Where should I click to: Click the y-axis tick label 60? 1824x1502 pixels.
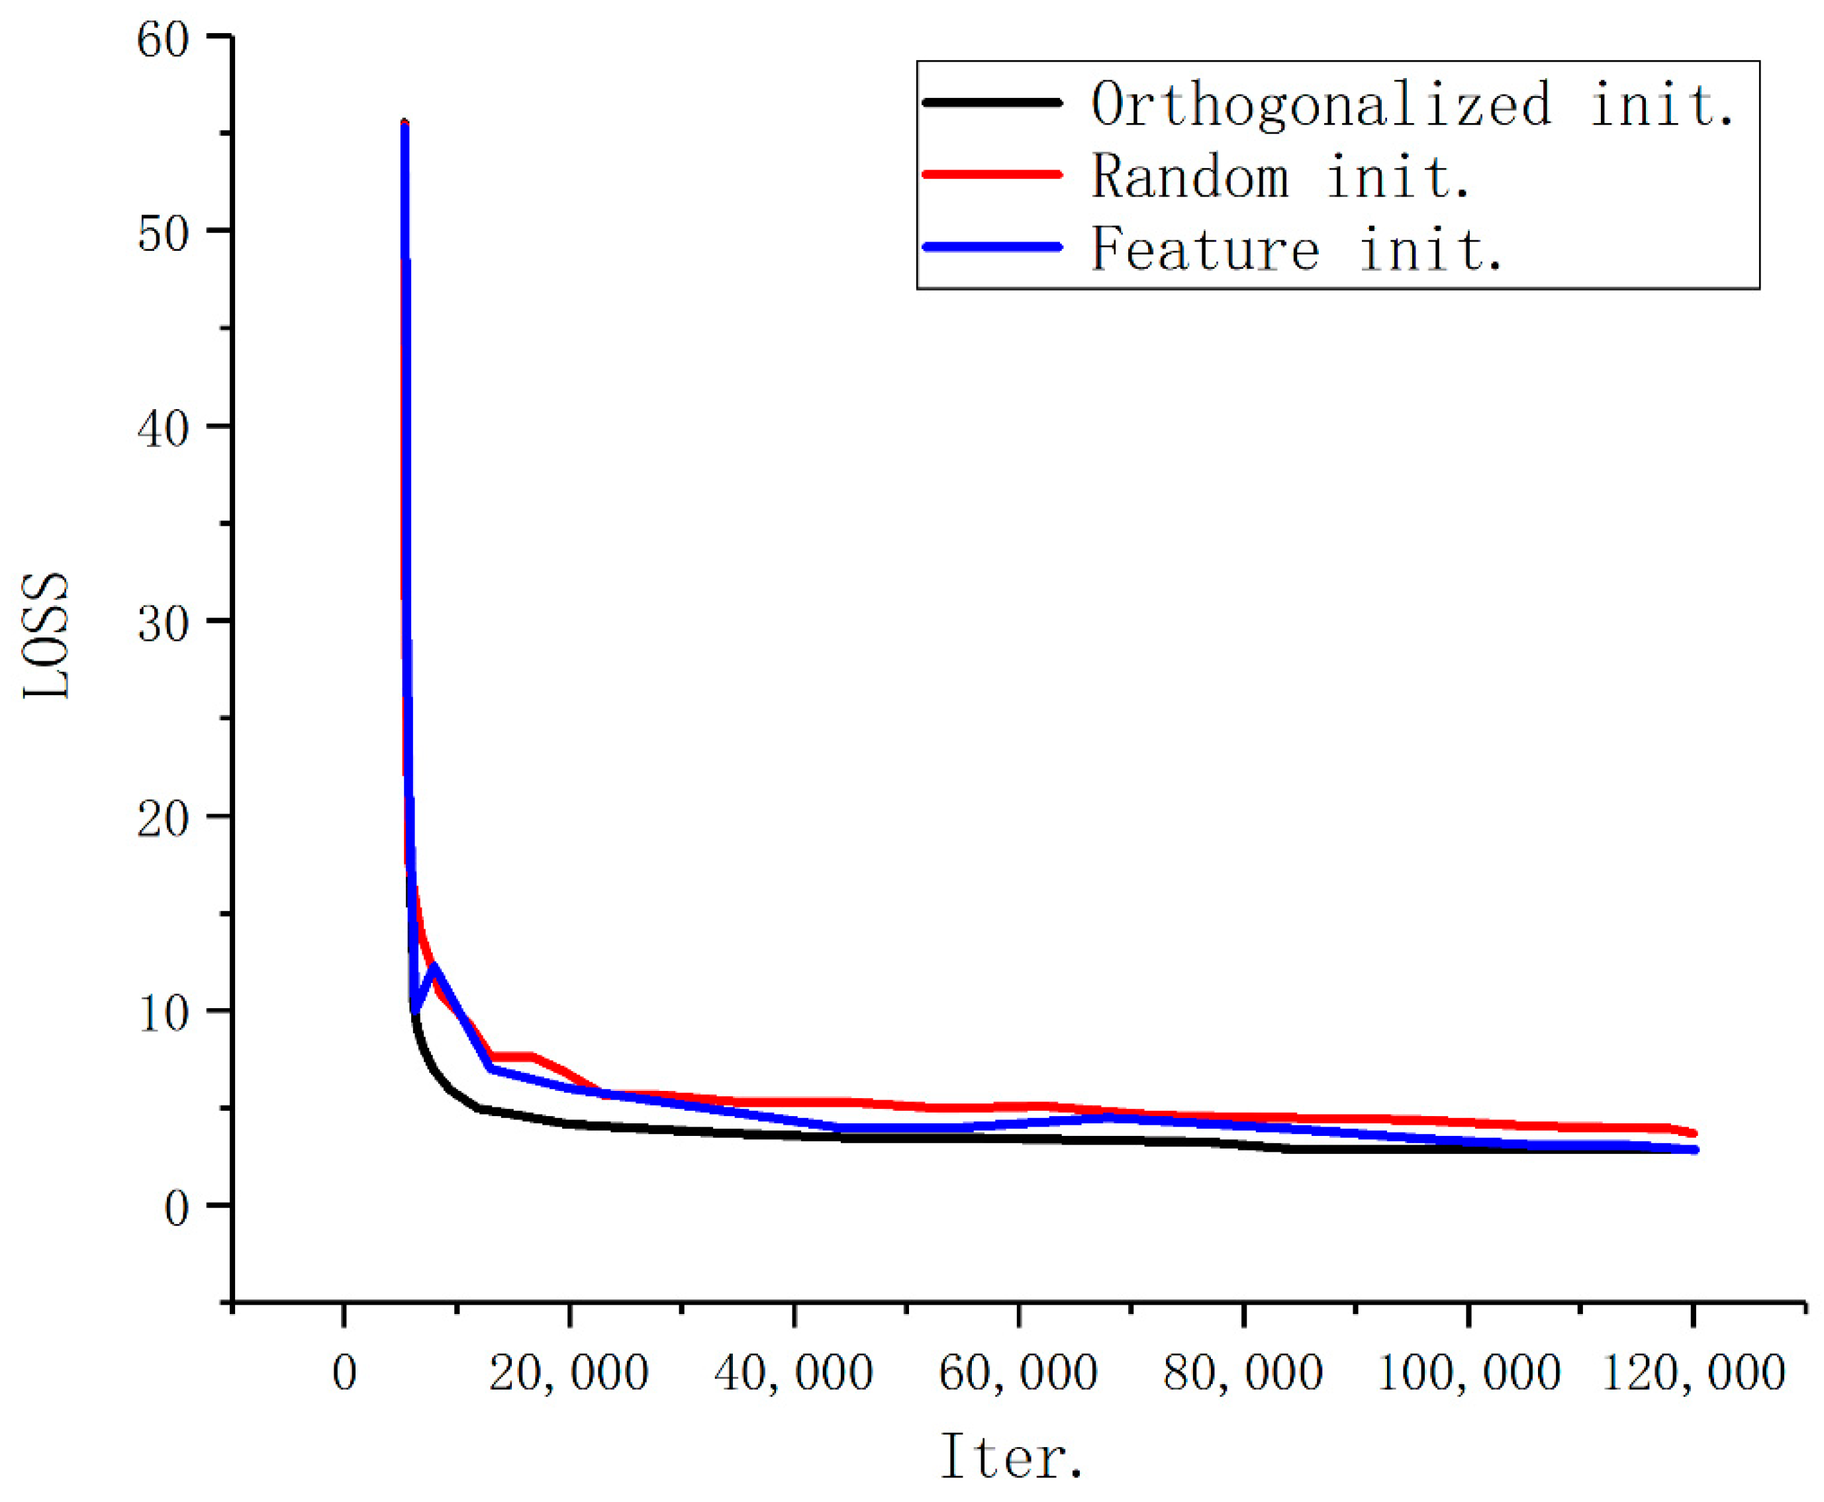(x=163, y=40)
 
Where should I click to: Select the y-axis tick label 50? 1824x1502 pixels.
(x=163, y=234)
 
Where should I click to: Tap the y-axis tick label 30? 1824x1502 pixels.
(x=163, y=624)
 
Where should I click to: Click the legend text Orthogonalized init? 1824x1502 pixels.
(x=1412, y=105)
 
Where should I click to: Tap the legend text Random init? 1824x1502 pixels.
(x=1280, y=177)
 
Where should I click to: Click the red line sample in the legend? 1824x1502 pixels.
(x=992, y=174)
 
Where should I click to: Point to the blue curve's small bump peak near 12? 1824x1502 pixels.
(x=432, y=966)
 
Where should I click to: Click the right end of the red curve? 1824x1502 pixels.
(x=1694, y=1133)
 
